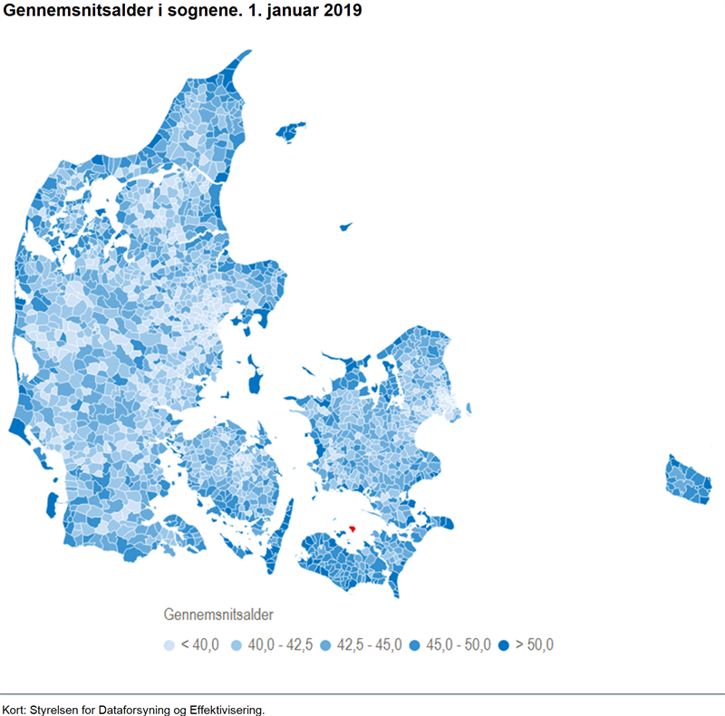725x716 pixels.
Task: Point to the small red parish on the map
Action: click(x=353, y=528)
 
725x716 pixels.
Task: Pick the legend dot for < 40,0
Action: click(x=169, y=645)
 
